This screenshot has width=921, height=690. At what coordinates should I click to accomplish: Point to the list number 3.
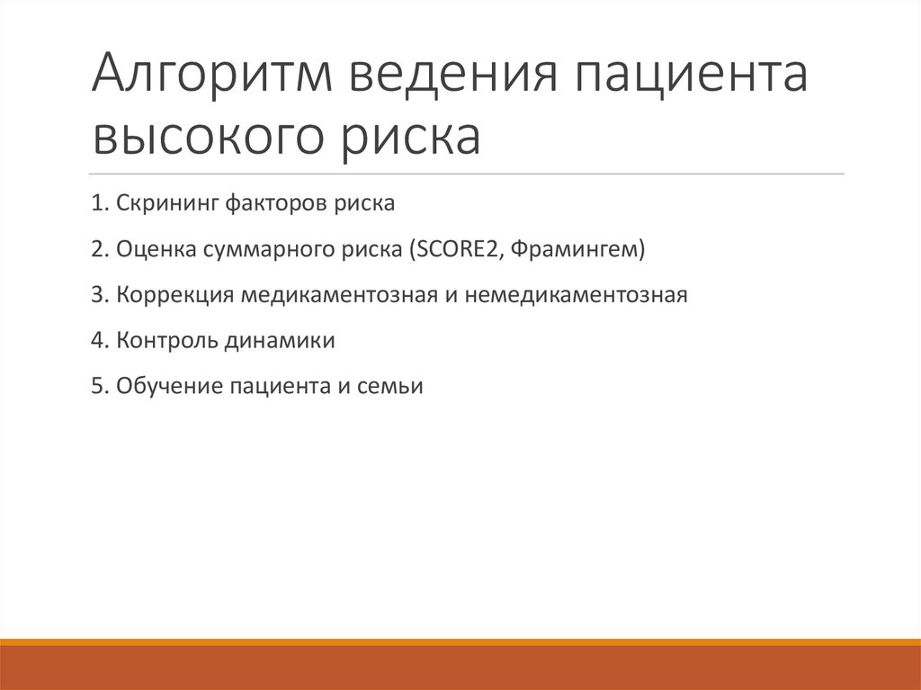point(95,295)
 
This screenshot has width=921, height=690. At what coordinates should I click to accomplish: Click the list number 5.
point(95,387)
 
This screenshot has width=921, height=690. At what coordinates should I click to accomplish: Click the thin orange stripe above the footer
point(460,641)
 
